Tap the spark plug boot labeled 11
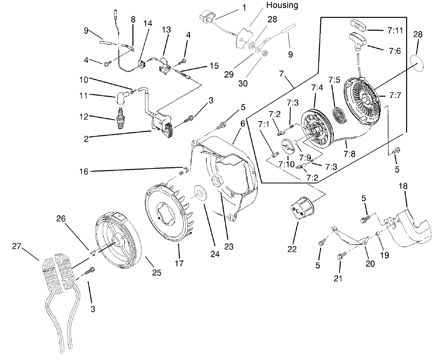122,98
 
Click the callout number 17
179,263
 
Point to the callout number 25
156,273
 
